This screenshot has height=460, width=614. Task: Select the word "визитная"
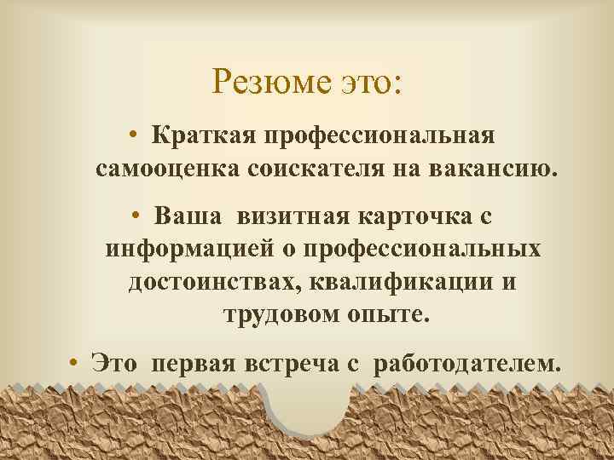pos(279,216)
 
